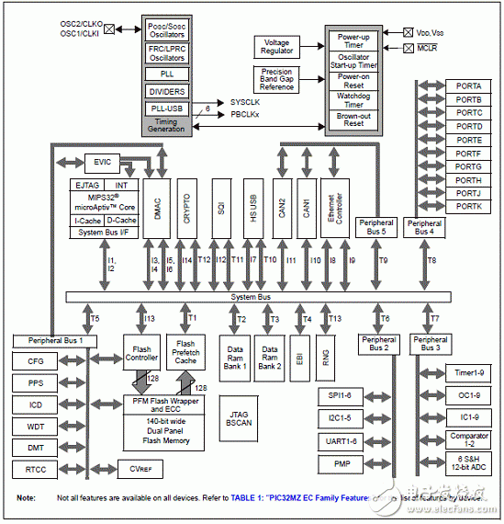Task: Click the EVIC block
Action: (101, 163)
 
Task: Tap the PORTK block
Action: (468, 207)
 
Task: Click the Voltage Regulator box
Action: (277, 46)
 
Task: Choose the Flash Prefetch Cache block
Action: (185, 352)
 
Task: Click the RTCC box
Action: (36, 470)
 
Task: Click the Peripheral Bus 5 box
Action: (377, 227)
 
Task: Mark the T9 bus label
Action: (384, 260)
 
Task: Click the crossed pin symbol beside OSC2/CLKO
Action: (111, 28)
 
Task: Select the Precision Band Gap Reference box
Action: (277, 79)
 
